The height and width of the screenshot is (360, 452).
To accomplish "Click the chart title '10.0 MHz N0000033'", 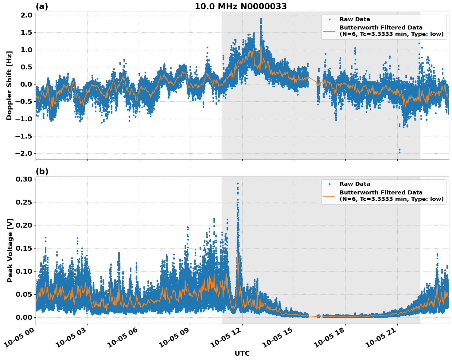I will click(x=240, y=6).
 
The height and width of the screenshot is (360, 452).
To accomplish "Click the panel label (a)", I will click(x=42, y=6).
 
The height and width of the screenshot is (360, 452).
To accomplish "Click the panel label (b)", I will click(x=42, y=171).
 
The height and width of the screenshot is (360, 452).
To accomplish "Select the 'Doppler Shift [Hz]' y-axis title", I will click(x=9, y=85).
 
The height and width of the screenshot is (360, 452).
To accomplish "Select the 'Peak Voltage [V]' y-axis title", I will click(x=10, y=250).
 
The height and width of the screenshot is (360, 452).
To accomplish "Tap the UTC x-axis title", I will click(x=242, y=353).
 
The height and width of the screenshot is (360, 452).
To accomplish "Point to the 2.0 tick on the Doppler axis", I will click(x=26, y=15).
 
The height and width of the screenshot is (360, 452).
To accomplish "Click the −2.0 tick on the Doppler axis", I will click(x=25, y=153).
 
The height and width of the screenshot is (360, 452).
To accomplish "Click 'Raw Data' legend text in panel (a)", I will click(x=355, y=19).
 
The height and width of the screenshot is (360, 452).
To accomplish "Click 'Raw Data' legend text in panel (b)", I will click(x=355, y=184).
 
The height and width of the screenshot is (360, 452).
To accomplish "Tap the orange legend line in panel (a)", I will click(x=329, y=31).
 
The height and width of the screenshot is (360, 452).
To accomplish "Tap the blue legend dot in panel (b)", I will click(x=329, y=184).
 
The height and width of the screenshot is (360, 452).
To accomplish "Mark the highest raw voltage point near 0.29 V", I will click(x=238, y=183).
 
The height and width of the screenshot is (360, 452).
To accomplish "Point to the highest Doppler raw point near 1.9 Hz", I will click(x=261, y=19).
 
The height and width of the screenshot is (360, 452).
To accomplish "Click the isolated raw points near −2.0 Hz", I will click(x=399, y=151).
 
